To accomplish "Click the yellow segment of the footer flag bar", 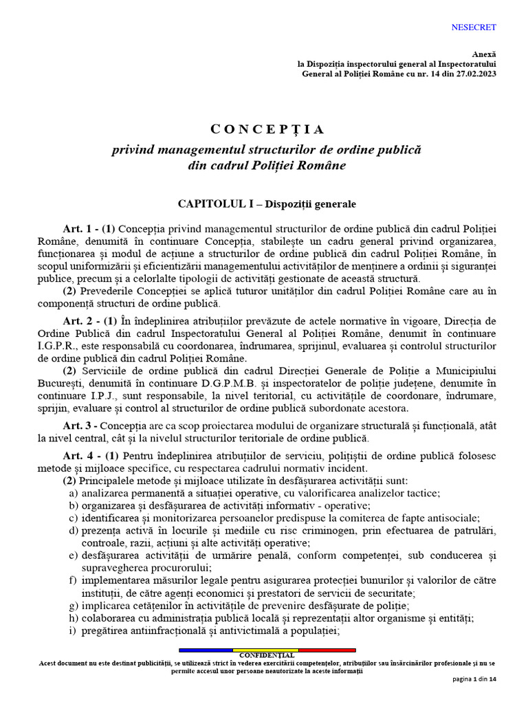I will click(265, 650).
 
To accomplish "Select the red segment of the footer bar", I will click(327, 650).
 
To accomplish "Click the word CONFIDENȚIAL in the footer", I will click(267, 656).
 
